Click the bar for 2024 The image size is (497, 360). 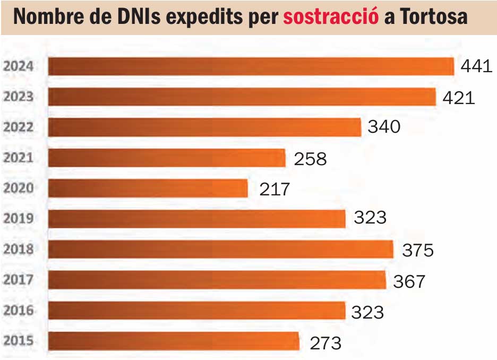251,67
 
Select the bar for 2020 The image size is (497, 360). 148,188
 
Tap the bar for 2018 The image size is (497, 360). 221,249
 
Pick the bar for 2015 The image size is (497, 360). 174,341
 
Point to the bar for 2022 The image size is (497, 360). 204,127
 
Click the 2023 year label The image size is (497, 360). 18,97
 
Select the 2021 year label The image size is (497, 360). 18,158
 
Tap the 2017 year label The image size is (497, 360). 18,279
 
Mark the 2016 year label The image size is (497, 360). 18,310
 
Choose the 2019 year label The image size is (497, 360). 18,218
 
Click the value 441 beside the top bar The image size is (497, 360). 476,67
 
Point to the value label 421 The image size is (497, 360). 458,98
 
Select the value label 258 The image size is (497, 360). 311,158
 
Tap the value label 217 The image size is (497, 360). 275,189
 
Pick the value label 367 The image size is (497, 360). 409,281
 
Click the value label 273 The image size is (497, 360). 325,342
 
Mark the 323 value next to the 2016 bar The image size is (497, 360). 367,312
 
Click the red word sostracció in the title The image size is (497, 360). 331,17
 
